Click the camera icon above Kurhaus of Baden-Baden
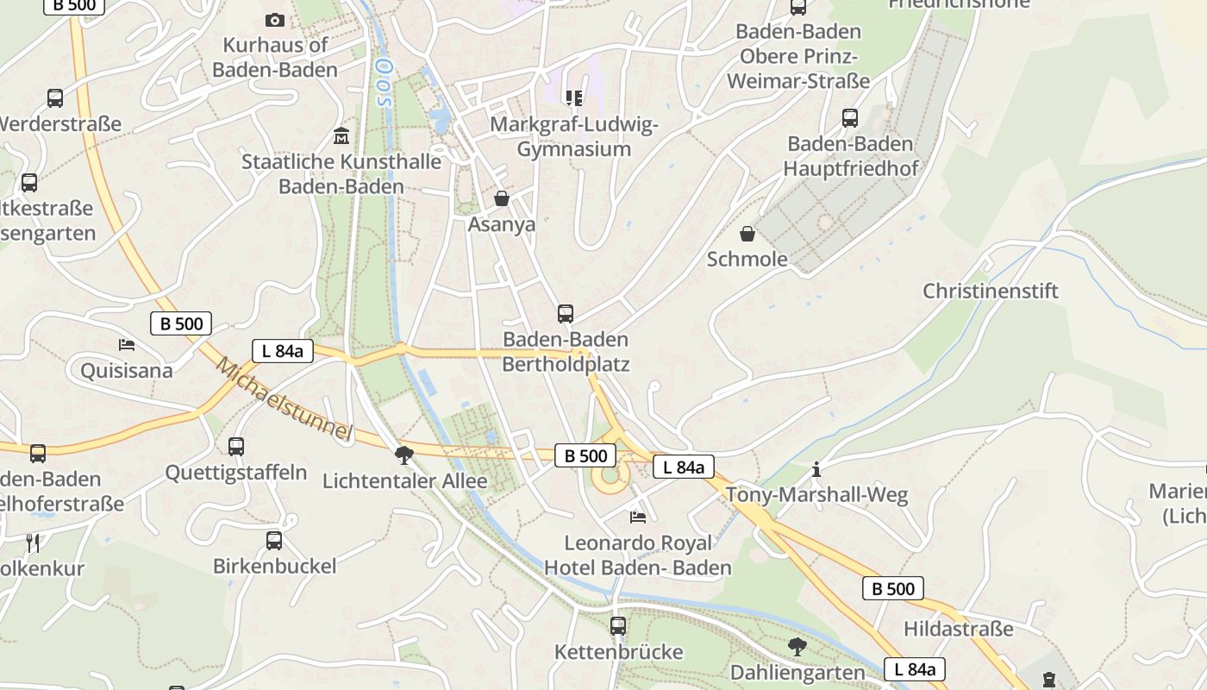point(274,20)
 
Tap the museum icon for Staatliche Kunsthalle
point(341,136)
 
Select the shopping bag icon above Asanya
point(502,199)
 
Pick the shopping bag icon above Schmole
point(747,234)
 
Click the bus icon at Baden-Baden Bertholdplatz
point(566,314)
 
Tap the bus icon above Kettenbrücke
point(618,626)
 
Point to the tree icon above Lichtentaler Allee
point(403,455)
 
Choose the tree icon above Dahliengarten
point(797,646)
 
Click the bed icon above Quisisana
point(127,345)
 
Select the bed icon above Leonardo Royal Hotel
point(638,517)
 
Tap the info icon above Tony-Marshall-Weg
point(816,470)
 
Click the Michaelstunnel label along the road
point(285,399)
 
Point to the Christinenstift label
point(991,291)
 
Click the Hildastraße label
point(959,629)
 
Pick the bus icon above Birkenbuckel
point(274,541)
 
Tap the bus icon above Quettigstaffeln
point(236,447)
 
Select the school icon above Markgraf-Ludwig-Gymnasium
point(573,98)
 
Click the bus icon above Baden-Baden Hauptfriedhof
point(850,118)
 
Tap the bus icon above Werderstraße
point(55,98)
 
